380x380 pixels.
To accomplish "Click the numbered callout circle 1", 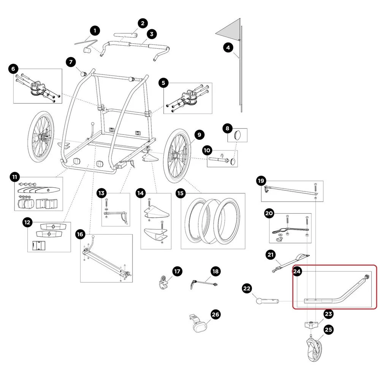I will click(95, 30).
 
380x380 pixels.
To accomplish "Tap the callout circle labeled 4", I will click(228, 48).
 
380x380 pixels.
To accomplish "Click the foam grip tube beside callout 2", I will click(127, 36).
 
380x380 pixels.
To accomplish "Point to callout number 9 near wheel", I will click(199, 135).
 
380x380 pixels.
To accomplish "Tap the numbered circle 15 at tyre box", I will click(180, 193).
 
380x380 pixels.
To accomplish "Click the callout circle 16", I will click(80, 234).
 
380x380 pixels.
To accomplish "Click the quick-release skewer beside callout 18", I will click(203, 283).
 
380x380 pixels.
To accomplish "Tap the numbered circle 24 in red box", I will click(297, 272).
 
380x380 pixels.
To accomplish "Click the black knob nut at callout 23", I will click(310, 326).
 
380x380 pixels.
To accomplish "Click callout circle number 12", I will click(27, 222).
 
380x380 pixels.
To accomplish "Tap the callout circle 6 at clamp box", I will click(13, 69).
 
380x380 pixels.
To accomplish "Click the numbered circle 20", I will click(269, 214).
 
